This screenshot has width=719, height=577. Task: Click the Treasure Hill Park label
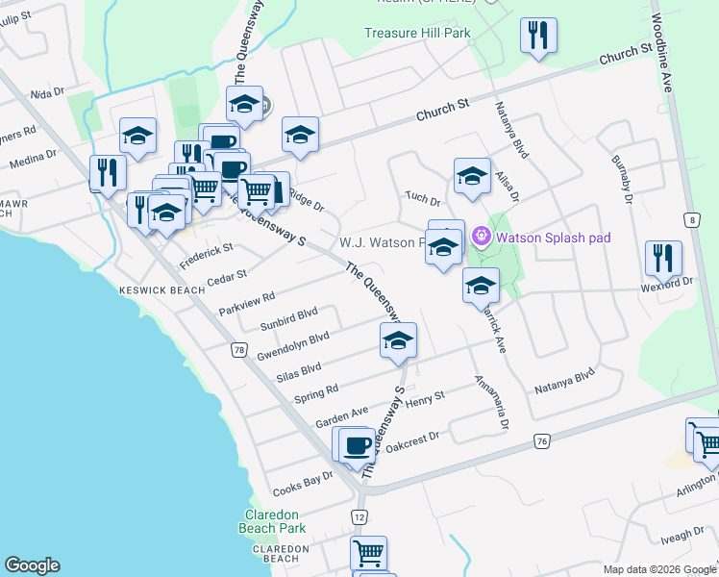pyautogui.click(x=417, y=33)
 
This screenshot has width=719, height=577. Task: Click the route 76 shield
pyautogui.click(x=543, y=440)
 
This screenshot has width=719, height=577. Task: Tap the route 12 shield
pyautogui.click(x=359, y=516)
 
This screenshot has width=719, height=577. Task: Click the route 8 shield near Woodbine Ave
pyautogui.click(x=691, y=220)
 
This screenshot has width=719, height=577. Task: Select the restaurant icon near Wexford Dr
pyautogui.click(x=663, y=258)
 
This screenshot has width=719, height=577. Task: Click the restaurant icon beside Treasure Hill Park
pyautogui.click(x=539, y=36)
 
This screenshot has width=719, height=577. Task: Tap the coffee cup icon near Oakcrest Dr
pyautogui.click(x=358, y=444)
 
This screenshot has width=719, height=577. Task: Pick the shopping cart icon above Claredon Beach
pyautogui.click(x=368, y=553)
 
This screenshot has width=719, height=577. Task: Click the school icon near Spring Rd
pyautogui.click(x=398, y=339)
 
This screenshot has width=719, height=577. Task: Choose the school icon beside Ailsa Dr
pyautogui.click(x=472, y=176)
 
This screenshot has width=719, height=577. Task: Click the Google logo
pyautogui.click(x=32, y=565)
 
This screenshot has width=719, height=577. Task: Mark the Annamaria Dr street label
pyautogui.click(x=491, y=402)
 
